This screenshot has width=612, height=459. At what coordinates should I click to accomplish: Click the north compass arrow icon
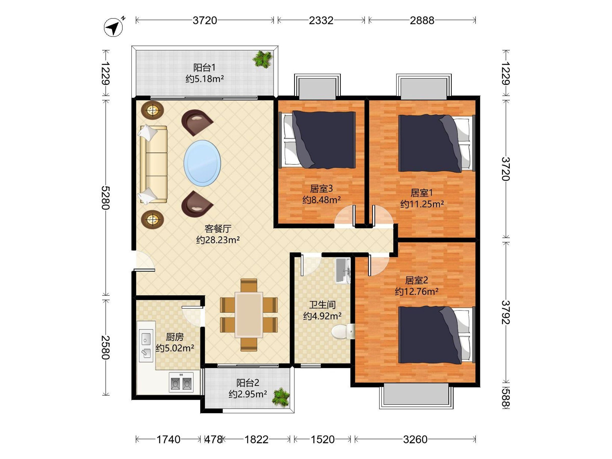(113, 27)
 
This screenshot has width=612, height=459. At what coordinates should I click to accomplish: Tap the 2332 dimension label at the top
(321, 20)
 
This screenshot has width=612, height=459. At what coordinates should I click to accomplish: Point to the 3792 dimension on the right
(506, 312)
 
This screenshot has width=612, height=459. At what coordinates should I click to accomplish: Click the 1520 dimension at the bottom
(323, 439)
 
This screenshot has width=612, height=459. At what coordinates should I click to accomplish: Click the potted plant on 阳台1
(262, 59)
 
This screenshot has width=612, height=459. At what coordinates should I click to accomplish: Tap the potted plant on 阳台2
(281, 398)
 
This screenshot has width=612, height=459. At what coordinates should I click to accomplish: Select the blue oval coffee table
(202, 163)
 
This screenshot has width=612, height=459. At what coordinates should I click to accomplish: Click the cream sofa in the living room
(153, 164)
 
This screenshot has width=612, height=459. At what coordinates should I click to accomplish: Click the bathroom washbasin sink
(343, 271)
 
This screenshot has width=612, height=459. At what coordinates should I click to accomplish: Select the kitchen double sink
(146, 345)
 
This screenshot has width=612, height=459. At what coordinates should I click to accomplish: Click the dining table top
(249, 315)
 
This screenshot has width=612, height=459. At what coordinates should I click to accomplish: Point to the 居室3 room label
(321, 189)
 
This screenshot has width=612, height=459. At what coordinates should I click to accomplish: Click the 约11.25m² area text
(422, 204)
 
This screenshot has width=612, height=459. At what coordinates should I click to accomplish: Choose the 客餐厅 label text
(218, 228)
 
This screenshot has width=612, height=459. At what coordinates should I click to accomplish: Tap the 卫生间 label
(322, 305)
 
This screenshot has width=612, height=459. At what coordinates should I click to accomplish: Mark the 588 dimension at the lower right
(506, 398)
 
